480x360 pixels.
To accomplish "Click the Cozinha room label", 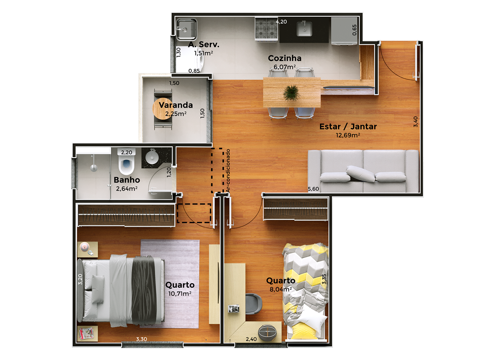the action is click(x=285, y=58).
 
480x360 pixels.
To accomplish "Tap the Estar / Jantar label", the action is click(x=348, y=127).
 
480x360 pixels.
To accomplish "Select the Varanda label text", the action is click(x=175, y=105).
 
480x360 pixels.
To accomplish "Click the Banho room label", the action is click(x=127, y=180).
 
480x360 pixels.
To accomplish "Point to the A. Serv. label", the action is click(x=203, y=44).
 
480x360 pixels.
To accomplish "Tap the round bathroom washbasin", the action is click(x=152, y=157).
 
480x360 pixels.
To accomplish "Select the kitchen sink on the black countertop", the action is click(x=304, y=29).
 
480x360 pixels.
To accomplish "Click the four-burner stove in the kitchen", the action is click(x=266, y=29).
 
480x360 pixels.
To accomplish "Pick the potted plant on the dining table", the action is click(x=291, y=93).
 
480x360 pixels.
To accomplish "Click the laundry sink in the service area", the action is click(x=186, y=29).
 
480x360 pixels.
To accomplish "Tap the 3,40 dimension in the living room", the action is click(x=416, y=122).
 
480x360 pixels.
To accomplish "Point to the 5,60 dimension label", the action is click(x=313, y=189).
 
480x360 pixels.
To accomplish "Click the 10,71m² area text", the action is click(x=180, y=294).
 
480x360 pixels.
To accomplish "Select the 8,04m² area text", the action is click(x=280, y=289).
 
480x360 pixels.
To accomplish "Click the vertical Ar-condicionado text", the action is click(x=228, y=171).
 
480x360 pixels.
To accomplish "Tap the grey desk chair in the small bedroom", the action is click(x=254, y=304).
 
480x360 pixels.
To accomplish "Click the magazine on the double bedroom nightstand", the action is click(x=86, y=333).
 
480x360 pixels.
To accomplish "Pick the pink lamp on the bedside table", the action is click(x=85, y=247).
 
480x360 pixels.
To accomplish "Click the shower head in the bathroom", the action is click(x=93, y=168).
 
